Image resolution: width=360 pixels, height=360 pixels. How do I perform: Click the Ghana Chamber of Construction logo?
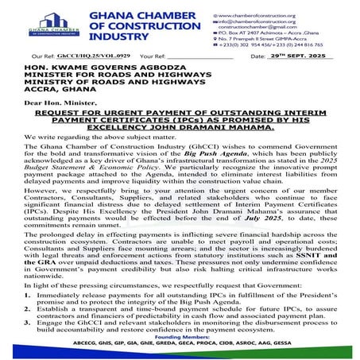[x=52, y=24]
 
